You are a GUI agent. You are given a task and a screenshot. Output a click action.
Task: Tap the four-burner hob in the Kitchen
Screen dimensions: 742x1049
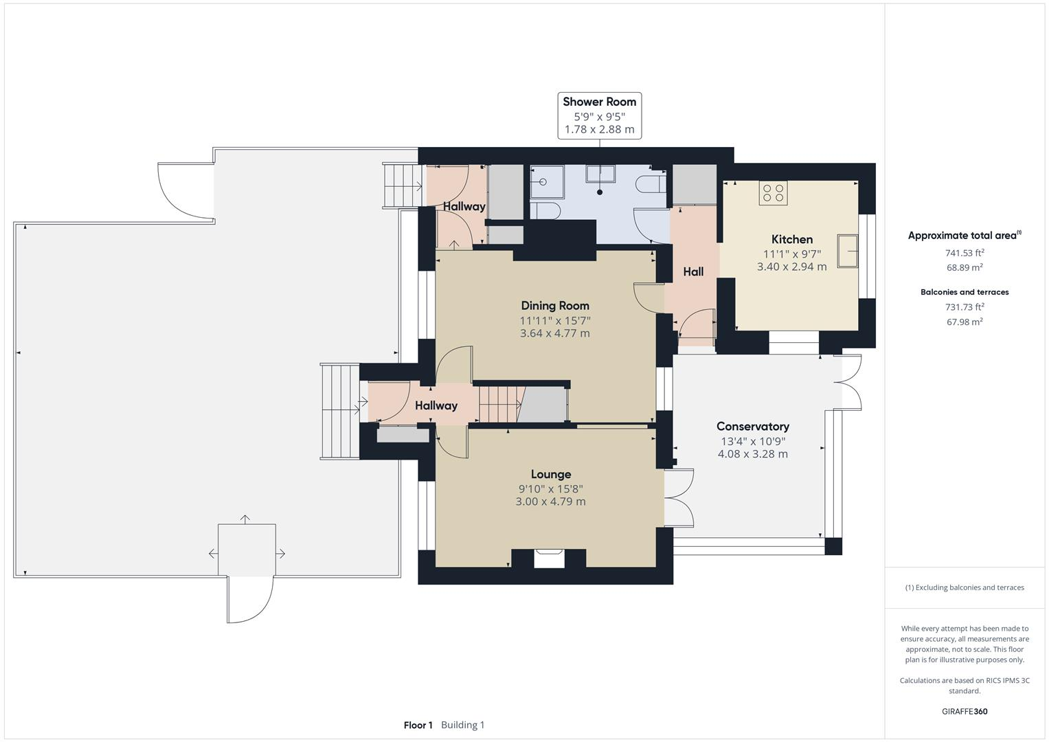click(x=773, y=192)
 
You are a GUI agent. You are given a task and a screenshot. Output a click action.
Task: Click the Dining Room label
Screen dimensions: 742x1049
click(x=554, y=306)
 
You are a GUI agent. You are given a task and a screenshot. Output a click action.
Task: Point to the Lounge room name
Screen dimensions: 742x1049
click(x=550, y=474)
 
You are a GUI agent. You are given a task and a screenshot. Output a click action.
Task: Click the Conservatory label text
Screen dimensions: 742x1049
click(x=752, y=427)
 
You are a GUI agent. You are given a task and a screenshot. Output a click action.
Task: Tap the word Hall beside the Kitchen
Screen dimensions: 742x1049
click(x=692, y=272)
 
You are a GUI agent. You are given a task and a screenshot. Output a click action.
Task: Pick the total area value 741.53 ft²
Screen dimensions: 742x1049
click(x=965, y=253)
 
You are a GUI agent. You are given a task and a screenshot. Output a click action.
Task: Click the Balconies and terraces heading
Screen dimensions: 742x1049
click(x=965, y=292)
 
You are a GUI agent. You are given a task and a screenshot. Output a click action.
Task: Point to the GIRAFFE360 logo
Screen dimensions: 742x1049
click(x=965, y=711)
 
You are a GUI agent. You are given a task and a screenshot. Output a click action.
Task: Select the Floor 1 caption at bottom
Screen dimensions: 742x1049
click(x=418, y=725)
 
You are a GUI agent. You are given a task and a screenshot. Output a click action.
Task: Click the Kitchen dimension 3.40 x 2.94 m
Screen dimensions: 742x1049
click(x=791, y=267)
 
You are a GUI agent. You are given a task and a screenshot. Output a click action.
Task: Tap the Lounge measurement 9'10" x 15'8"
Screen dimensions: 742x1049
click(x=550, y=488)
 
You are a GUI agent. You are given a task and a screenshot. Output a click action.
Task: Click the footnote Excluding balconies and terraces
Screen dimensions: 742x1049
click(x=965, y=587)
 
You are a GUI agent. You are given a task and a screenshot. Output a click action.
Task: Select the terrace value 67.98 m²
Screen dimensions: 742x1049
click(x=965, y=322)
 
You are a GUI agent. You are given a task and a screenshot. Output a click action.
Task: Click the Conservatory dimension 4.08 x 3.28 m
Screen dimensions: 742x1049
click(x=752, y=454)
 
